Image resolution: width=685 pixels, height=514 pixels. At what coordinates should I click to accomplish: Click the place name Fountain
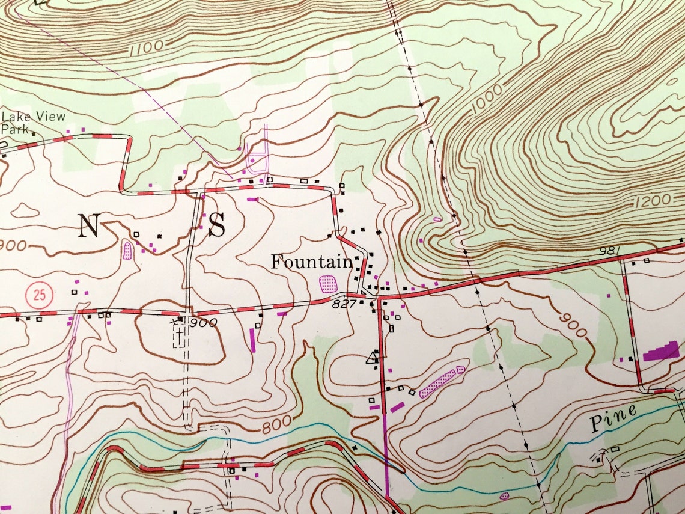[x=311, y=262]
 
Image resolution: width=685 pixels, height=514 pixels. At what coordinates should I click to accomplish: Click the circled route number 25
[x=40, y=295]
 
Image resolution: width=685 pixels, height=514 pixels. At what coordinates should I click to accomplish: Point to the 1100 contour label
[x=145, y=46]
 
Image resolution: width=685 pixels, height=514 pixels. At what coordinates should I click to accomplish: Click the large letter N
[x=88, y=226]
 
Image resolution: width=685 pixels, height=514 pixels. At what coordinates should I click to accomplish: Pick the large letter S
[x=217, y=226]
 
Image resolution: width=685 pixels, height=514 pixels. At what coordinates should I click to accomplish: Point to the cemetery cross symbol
[x=178, y=330]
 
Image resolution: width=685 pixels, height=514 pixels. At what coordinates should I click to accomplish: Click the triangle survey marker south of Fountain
[x=373, y=359]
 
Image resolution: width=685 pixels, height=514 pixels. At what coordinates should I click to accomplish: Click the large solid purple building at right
[x=661, y=351]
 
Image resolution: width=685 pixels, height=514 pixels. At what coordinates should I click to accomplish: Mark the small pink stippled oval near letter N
[x=127, y=249]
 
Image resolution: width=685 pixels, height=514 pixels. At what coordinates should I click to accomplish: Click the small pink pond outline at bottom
[x=504, y=496]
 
